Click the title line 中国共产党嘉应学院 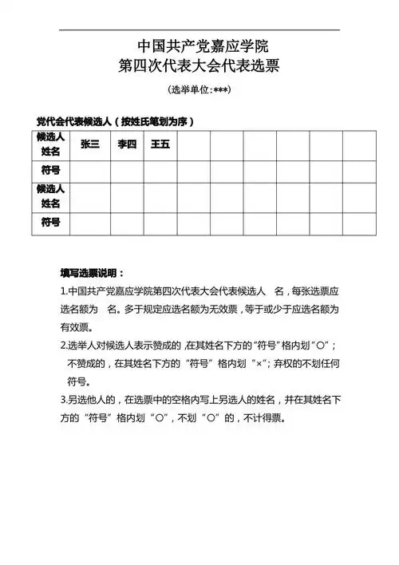click(x=199, y=45)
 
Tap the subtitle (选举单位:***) click(x=199, y=89)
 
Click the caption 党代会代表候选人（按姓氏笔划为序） click(x=116, y=121)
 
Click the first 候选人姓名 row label click(x=51, y=144)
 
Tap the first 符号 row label click(x=51, y=170)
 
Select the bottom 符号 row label click(x=51, y=223)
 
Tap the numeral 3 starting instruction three click(x=63, y=400)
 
